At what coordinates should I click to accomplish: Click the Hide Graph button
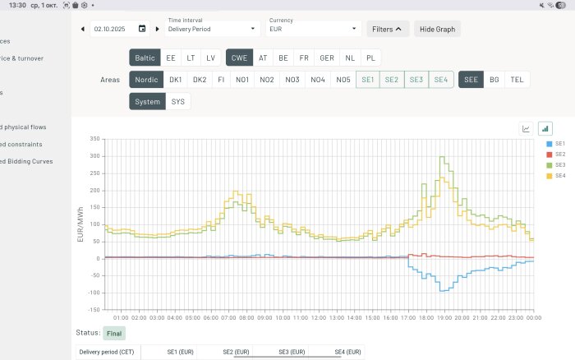pos(437,29)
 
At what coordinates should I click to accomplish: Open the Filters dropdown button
pos(387,29)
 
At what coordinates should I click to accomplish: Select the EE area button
pos(170,58)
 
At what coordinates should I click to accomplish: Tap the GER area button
pos(326,58)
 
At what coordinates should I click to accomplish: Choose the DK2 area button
pos(199,80)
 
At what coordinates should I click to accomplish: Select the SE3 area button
pos(416,80)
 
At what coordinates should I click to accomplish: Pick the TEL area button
pos(517,80)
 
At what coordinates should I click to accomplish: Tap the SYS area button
pos(177,102)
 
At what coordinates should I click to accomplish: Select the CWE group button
pos(239,58)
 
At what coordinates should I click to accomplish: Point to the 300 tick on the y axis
pos(95,155)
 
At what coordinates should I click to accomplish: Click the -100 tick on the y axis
pos(94,293)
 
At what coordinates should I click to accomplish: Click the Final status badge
pos(114,333)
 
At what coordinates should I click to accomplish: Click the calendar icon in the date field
pos(142,29)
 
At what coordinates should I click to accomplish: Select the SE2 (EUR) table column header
pos(236,352)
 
